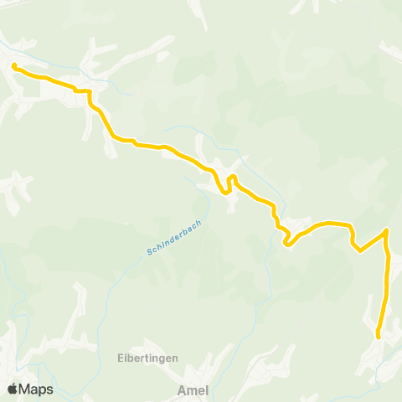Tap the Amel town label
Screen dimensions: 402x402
point(193,389)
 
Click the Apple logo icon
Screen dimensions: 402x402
point(13,389)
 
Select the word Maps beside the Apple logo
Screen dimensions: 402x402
point(36,389)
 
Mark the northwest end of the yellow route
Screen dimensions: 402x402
point(14,65)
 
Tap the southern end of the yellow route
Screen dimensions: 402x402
point(379,336)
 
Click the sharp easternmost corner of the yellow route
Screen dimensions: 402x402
point(386,230)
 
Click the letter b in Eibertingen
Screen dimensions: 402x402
point(131,358)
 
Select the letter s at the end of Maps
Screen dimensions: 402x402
point(49,390)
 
